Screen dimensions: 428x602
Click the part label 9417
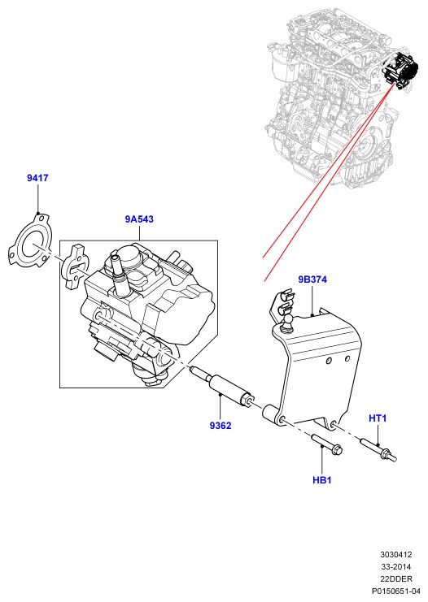coord(37,178)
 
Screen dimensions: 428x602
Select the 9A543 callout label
coord(139,219)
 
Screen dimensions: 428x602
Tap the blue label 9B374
coord(312,279)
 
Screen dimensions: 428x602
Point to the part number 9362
coord(221,426)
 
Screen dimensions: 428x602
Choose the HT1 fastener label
coord(378,418)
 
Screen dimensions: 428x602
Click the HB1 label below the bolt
coord(322,480)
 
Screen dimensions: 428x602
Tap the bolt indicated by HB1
coord(326,444)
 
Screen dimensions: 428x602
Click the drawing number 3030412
coord(396,554)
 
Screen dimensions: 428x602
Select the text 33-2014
coord(396,567)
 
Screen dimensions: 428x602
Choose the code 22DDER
coord(396,579)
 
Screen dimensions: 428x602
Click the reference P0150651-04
coord(396,591)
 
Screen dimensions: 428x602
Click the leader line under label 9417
coord(38,198)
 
